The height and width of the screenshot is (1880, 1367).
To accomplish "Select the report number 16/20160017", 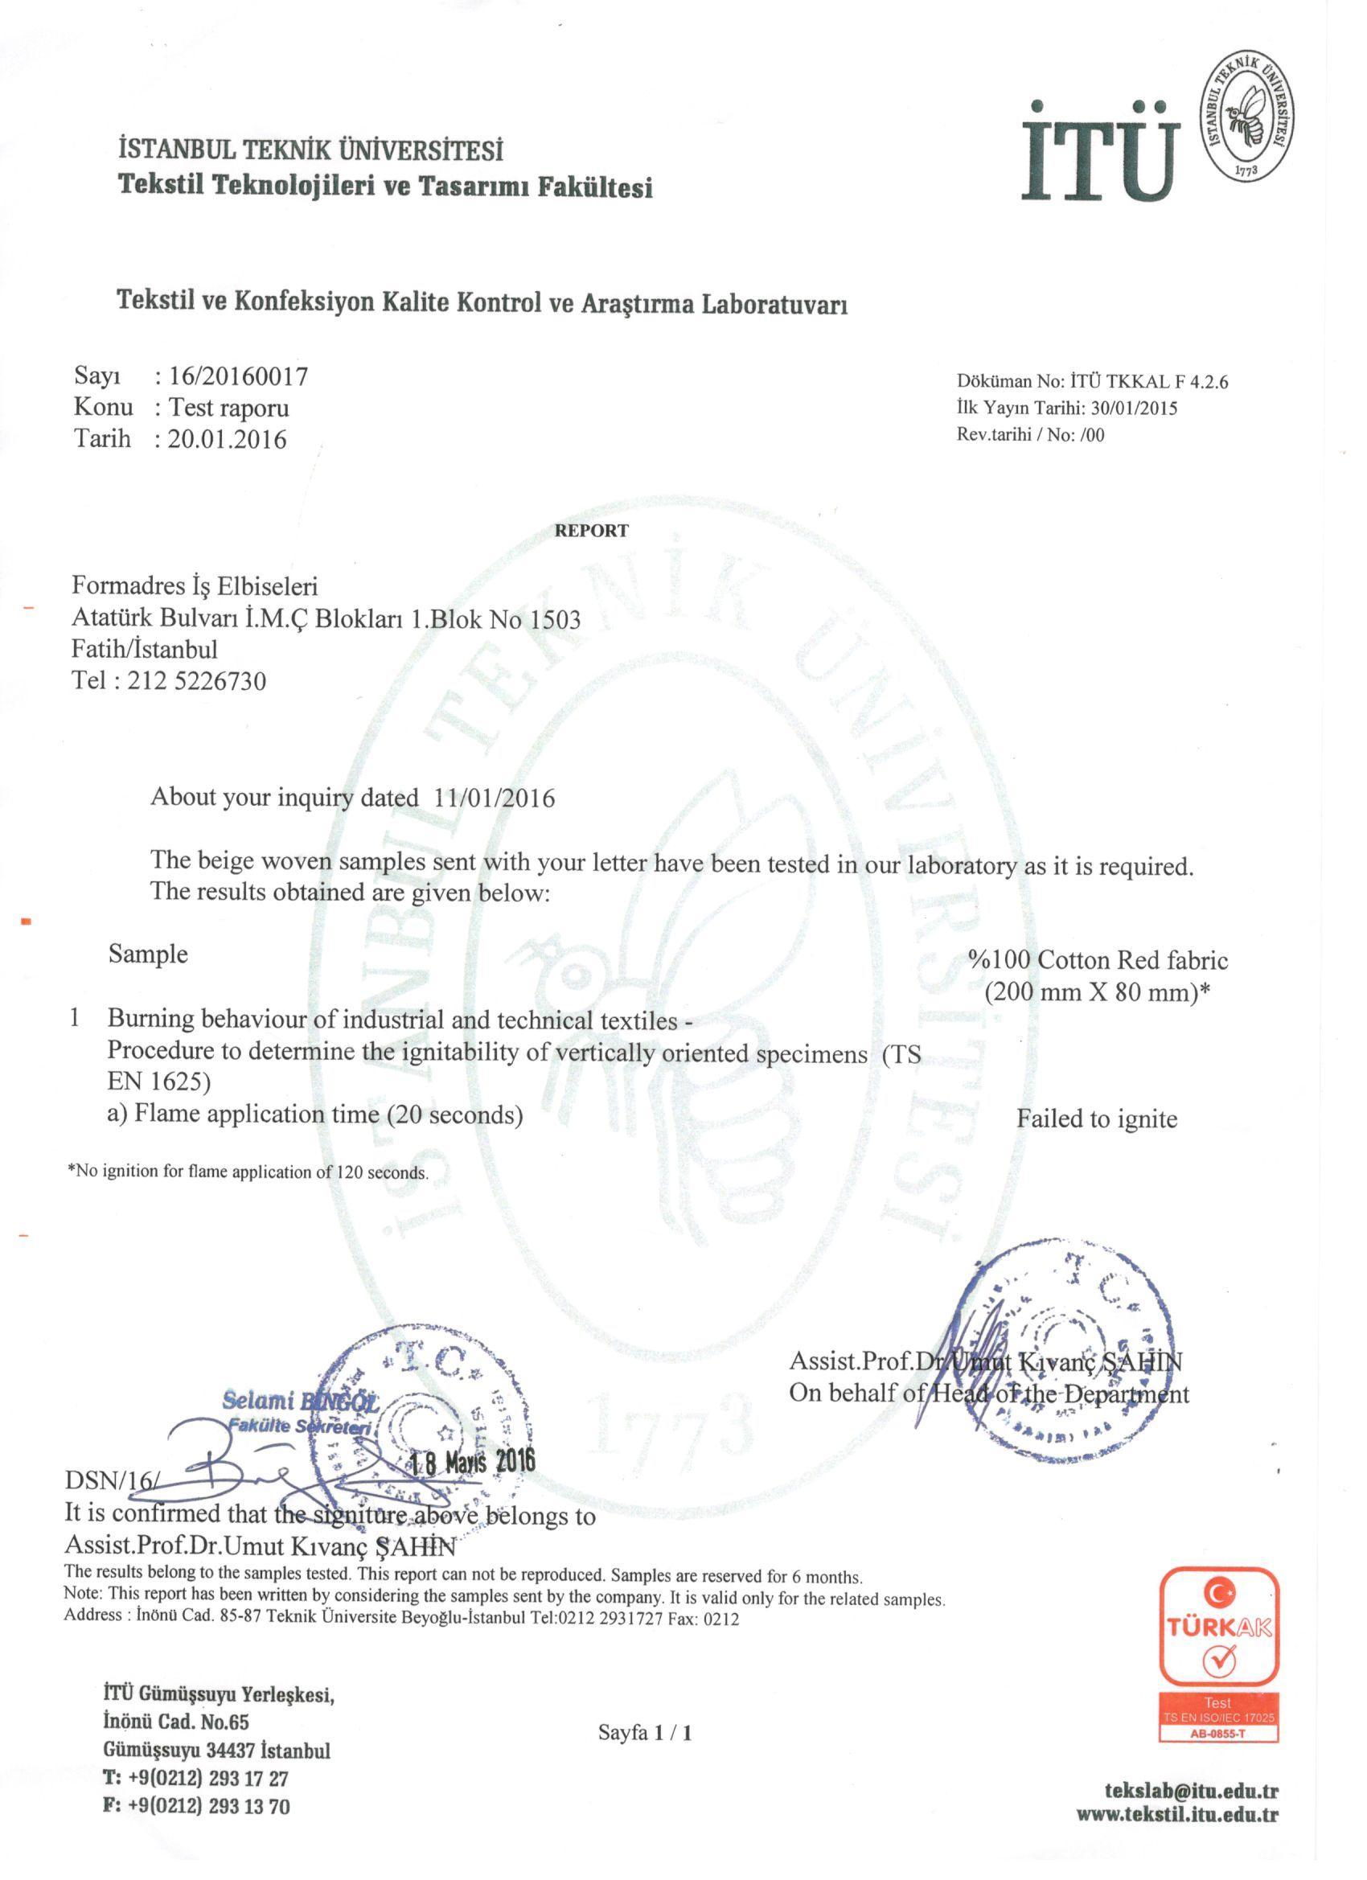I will [x=239, y=377].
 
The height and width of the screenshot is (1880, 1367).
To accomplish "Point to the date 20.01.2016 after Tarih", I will [x=227, y=439].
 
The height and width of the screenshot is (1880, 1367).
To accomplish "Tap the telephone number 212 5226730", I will [x=197, y=681].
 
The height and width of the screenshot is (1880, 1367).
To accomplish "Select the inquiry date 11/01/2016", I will [x=494, y=798].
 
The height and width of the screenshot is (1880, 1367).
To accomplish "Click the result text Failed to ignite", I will [x=1097, y=1119].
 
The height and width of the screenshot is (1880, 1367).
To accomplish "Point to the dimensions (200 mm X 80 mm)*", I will [x=1098, y=992].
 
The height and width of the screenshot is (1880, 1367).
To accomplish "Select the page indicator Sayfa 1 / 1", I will [x=644, y=1733].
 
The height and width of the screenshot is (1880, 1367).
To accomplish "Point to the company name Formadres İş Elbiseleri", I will [x=195, y=586].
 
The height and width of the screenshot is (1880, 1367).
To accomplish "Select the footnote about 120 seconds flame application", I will [x=248, y=1173].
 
